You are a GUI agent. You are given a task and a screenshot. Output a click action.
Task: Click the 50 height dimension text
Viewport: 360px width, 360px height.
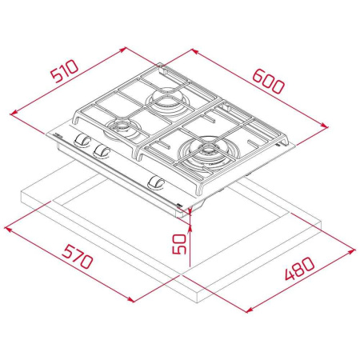[x=182, y=239]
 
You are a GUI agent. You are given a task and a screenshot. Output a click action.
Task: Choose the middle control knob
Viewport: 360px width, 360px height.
[x=102, y=150]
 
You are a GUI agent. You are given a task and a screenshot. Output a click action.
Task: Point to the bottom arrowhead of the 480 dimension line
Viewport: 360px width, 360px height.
[x=244, y=309]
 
